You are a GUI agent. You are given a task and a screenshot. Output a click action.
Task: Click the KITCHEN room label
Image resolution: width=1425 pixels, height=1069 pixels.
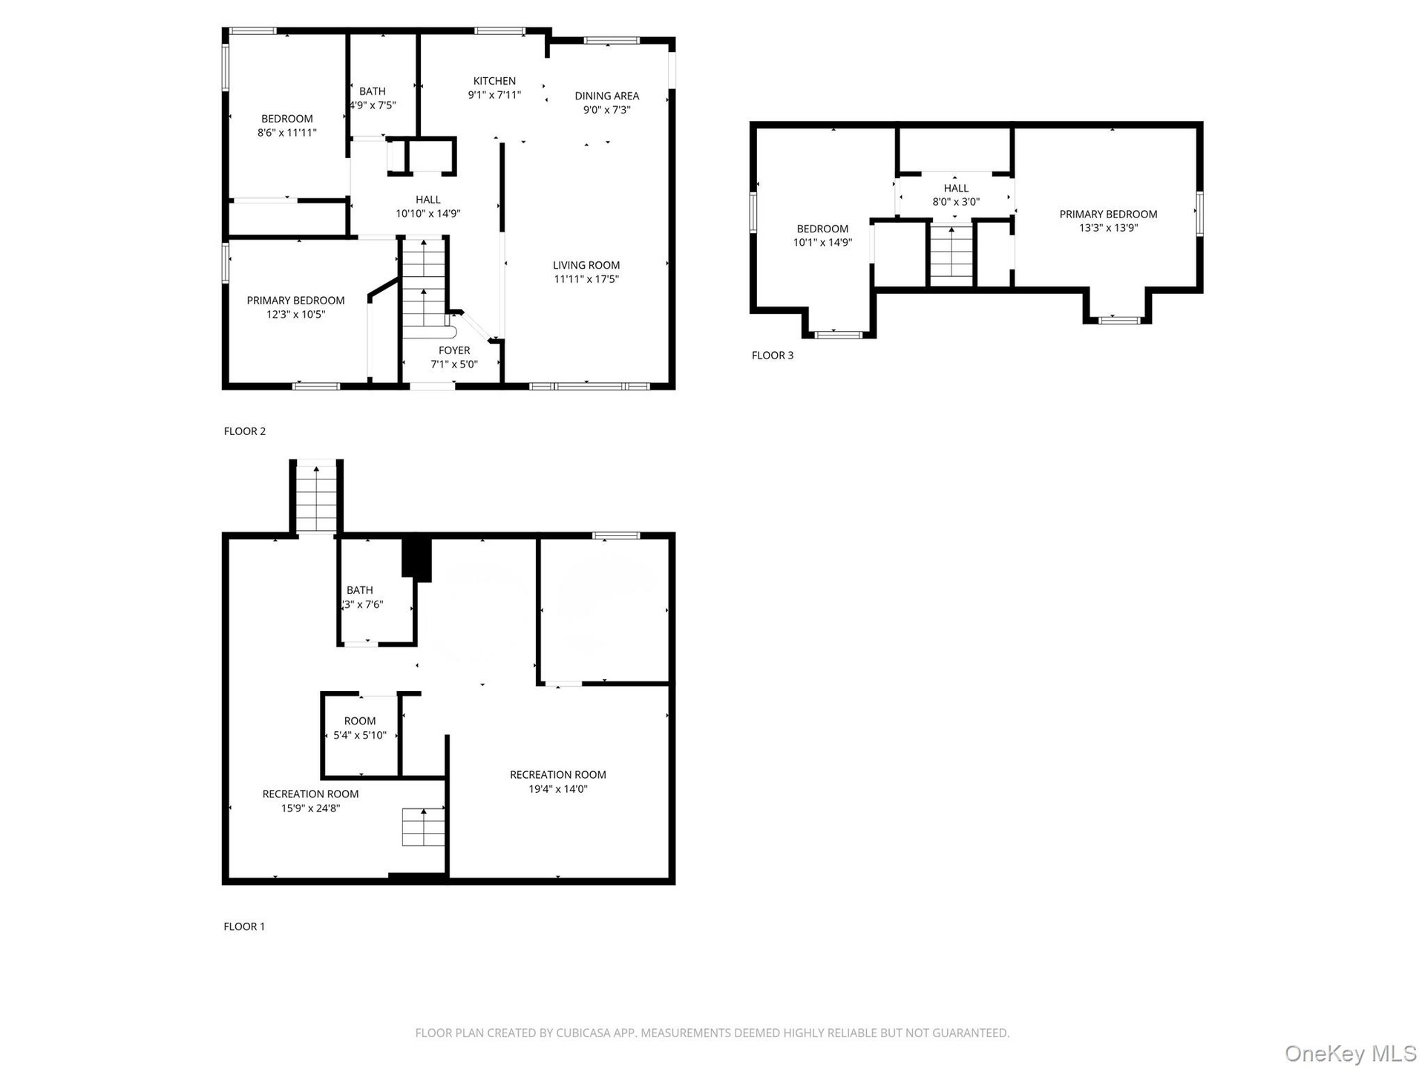494,81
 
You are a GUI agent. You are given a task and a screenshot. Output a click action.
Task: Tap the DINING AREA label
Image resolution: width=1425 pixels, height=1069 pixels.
606,96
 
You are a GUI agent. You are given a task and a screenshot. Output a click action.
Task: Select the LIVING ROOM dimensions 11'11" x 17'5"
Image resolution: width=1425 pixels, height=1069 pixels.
586,279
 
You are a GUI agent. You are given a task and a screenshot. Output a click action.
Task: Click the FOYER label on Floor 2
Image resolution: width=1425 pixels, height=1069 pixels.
454,350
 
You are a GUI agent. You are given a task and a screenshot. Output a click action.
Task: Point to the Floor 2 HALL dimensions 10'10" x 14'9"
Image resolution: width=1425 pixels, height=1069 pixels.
428,214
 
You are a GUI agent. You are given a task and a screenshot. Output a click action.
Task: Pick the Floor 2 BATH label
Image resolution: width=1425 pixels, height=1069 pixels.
373,91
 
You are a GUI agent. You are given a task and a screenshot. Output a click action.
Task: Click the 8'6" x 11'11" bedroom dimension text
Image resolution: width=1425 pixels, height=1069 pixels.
287,133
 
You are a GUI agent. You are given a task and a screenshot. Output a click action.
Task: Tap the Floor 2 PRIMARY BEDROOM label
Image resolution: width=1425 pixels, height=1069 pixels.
295,301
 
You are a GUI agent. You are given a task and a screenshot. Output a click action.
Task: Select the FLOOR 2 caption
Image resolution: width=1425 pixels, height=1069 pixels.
245,431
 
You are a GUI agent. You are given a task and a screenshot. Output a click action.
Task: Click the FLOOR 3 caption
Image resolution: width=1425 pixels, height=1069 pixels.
773,356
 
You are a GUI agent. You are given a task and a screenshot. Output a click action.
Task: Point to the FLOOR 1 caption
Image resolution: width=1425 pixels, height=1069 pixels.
244,926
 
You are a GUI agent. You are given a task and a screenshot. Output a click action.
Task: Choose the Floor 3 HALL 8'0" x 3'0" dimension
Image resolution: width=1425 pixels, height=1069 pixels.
956,202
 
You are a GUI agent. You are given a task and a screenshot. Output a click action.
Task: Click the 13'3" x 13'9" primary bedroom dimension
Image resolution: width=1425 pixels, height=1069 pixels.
1108,228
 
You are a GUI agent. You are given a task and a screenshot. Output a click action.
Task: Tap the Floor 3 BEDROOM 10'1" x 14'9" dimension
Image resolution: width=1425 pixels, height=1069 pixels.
822,243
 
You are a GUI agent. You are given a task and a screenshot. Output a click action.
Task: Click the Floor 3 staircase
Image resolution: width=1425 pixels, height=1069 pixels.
951,255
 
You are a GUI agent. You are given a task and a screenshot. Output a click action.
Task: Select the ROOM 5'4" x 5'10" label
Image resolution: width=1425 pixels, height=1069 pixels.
360,728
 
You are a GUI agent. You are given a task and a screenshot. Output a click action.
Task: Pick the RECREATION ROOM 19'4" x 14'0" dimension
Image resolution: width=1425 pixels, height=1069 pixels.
558,789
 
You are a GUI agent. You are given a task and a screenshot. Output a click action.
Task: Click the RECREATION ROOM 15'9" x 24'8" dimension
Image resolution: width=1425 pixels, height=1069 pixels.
310,808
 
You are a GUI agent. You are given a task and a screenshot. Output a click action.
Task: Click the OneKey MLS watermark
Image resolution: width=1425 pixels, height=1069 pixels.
1351,1053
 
